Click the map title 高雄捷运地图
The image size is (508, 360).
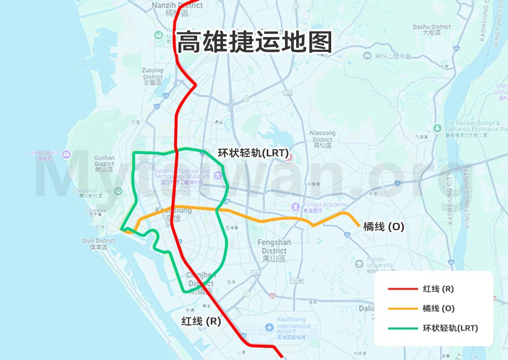coord(254,42)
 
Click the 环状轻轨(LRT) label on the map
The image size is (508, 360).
coord(253,152)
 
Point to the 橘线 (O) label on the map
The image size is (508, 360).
coord(384,227)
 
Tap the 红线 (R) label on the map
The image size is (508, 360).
coord(201,321)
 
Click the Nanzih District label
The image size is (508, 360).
coord(177,6)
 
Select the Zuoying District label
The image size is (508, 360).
coord(153,74)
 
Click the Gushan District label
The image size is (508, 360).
coord(104,161)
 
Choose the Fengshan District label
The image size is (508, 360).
coord(274,247)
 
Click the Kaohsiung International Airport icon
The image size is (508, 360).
coord(269,328)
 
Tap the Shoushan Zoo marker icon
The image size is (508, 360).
coord(118,191)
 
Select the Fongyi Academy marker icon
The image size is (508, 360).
coord(295,207)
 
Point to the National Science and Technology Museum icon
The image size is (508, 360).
coord(218,176)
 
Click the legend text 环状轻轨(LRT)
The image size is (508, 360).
coord(450,328)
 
